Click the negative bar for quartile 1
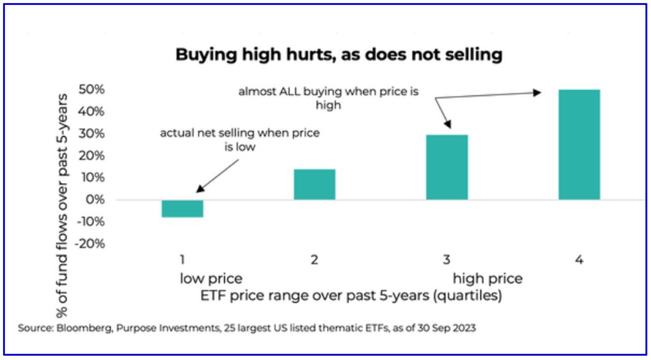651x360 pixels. (182, 208)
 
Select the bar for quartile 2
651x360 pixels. (314, 184)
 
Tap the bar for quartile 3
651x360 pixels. (446, 167)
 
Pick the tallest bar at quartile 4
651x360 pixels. (579, 144)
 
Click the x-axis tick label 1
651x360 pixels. (182, 260)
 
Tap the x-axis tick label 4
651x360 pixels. (579, 260)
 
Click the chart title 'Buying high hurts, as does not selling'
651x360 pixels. (339, 55)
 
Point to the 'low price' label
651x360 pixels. (211, 279)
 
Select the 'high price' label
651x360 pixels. (488, 279)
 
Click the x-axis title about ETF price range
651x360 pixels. (351, 296)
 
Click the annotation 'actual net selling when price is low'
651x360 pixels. (240, 139)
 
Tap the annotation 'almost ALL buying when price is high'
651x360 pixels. (329, 98)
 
